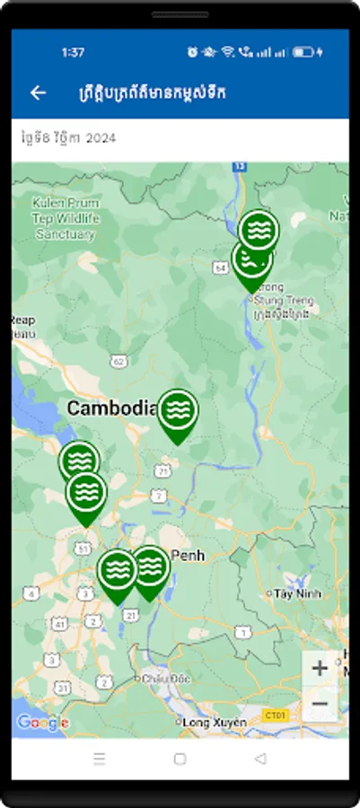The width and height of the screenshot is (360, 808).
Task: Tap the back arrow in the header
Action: point(38,92)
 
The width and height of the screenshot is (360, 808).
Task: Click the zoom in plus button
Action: point(320,668)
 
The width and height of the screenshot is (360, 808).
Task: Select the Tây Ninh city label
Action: point(296,593)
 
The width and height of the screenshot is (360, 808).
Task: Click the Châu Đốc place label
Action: point(161,680)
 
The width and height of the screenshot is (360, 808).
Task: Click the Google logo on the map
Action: point(42,723)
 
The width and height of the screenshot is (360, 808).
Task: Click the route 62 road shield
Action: point(120,361)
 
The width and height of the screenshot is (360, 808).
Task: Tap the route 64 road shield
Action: point(221,268)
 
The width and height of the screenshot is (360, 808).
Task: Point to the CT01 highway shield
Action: point(274,715)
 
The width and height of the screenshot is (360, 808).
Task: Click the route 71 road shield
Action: point(162,470)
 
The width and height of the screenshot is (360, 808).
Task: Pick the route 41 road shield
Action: point(59,622)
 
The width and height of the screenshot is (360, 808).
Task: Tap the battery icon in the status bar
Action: point(304,52)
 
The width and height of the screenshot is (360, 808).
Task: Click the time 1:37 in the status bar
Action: point(73,52)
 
